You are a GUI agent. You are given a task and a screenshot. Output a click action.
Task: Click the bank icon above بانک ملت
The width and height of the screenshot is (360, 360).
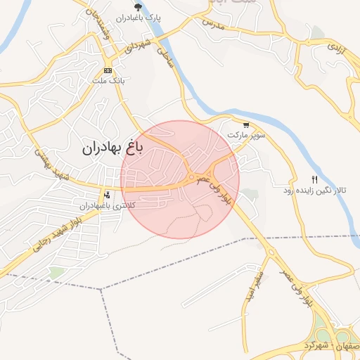(108, 71)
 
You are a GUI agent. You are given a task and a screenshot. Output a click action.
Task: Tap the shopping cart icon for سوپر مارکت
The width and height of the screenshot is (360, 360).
(245, 125)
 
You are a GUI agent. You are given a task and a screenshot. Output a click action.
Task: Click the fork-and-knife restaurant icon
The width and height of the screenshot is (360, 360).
(314, 180)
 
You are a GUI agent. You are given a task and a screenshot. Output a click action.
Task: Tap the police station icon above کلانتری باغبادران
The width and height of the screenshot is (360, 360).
(107, 194)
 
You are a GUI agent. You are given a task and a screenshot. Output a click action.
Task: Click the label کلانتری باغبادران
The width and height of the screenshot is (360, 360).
(105, 205)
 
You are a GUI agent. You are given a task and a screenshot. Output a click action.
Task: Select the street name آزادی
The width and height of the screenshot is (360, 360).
(335, 49)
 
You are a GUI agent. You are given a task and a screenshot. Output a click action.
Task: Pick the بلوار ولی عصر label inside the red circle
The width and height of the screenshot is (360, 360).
(214, 190)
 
